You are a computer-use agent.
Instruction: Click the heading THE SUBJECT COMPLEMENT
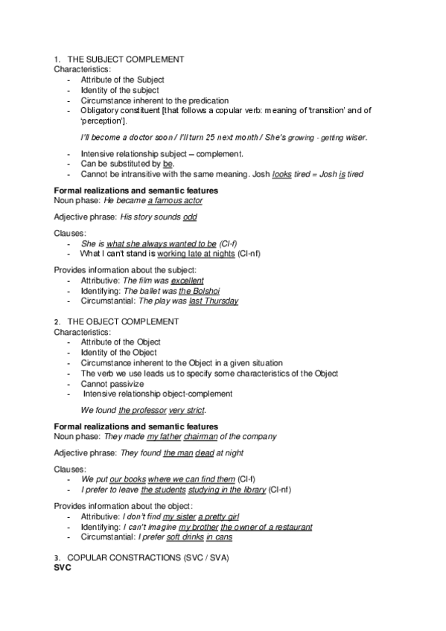[126, 59]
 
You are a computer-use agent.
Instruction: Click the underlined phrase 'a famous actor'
[175, 201]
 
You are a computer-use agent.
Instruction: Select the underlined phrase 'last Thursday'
[214, 301]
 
